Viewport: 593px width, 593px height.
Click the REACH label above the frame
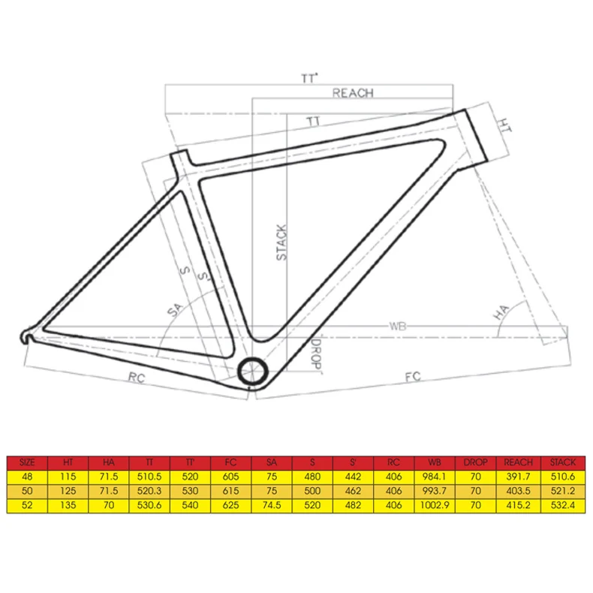353,93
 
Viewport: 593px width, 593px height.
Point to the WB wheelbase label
398,327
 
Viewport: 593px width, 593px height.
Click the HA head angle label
501,314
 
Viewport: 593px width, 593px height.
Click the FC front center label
413,377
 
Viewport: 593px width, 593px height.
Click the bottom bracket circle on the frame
252,371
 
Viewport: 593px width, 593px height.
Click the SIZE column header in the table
27,462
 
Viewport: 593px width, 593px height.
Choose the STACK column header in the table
563,462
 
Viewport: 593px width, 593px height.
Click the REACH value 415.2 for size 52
519,506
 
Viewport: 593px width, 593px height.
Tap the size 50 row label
27,492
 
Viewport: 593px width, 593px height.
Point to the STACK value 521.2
563,492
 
